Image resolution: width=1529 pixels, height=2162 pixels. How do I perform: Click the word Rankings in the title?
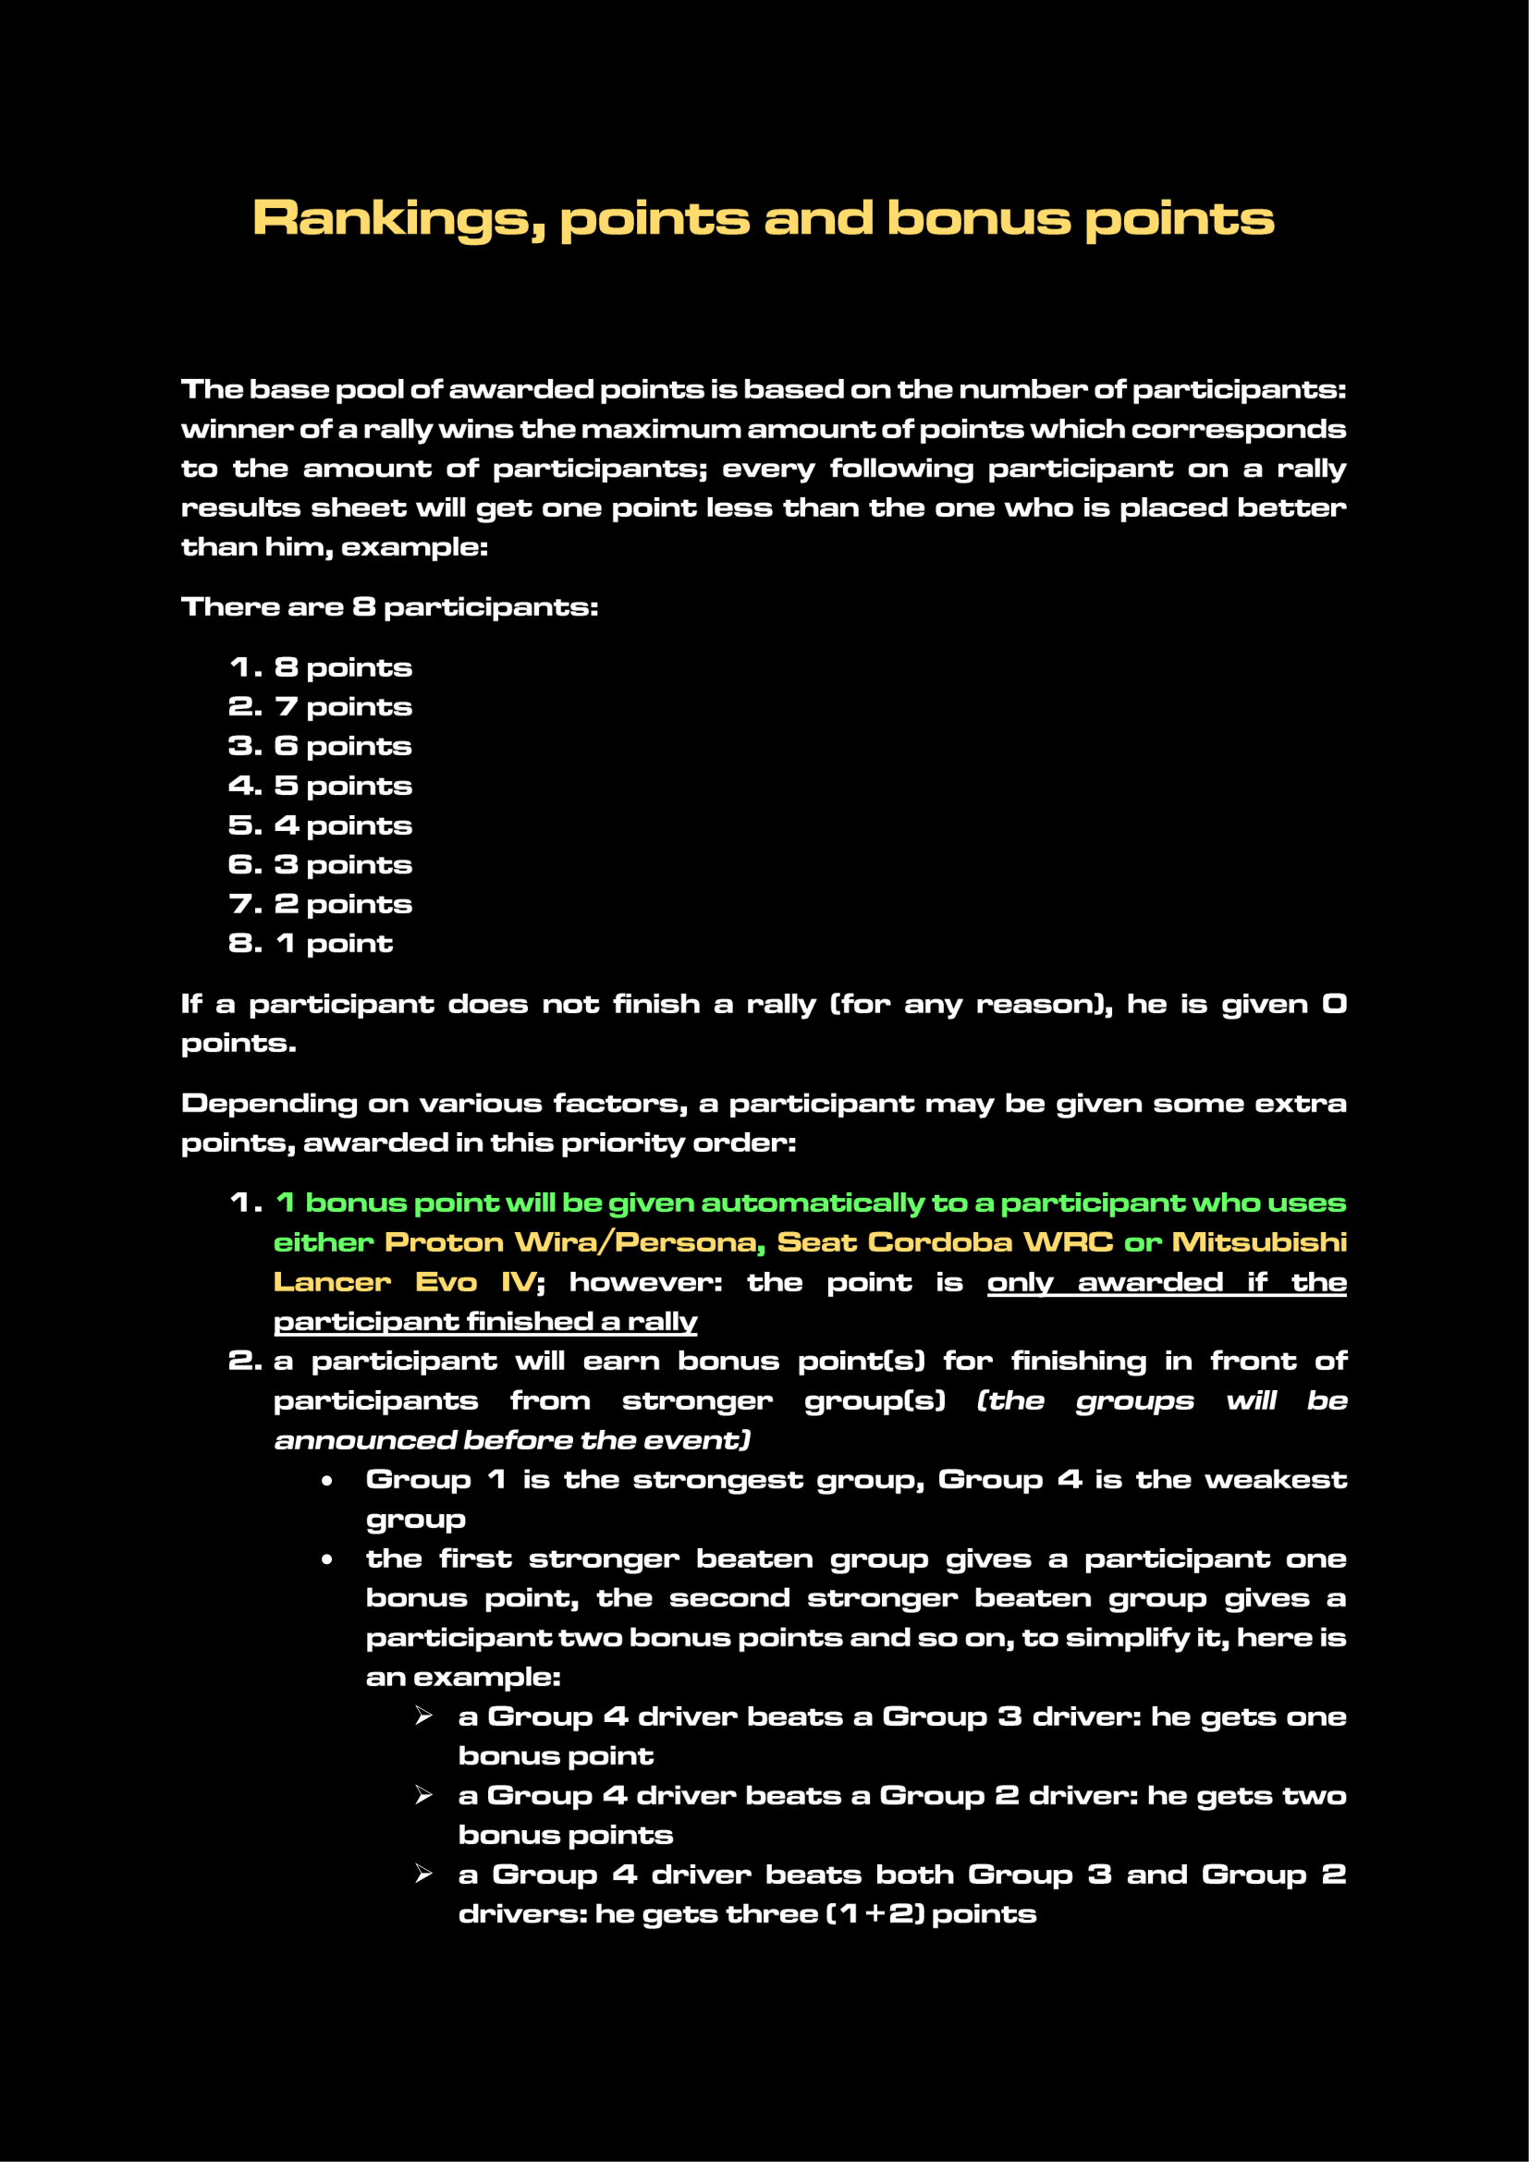[398, 219]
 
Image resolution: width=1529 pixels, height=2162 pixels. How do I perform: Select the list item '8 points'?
[343, 667]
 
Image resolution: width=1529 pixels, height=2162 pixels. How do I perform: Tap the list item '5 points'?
[343, 787]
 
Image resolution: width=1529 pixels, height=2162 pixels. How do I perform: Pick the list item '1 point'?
[334, 944]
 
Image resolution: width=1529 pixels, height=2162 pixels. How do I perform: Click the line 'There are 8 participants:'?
[389, 607]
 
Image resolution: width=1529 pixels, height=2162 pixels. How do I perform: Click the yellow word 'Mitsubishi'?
[1258, 1243]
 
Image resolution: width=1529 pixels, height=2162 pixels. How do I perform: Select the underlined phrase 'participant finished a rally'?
[485, 1322]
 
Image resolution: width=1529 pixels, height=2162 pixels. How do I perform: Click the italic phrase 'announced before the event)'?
[512, 1441]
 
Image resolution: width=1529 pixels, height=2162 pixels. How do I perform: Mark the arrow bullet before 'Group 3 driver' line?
[423, 1716]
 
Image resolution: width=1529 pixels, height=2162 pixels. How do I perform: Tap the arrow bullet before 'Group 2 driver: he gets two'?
[423, 1796]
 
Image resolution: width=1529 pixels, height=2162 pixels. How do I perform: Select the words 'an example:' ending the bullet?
[462, 1677]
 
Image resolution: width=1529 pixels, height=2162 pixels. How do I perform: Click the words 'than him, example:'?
[335, 547]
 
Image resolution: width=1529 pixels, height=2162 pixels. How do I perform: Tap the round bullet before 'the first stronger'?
[326, 1559]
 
